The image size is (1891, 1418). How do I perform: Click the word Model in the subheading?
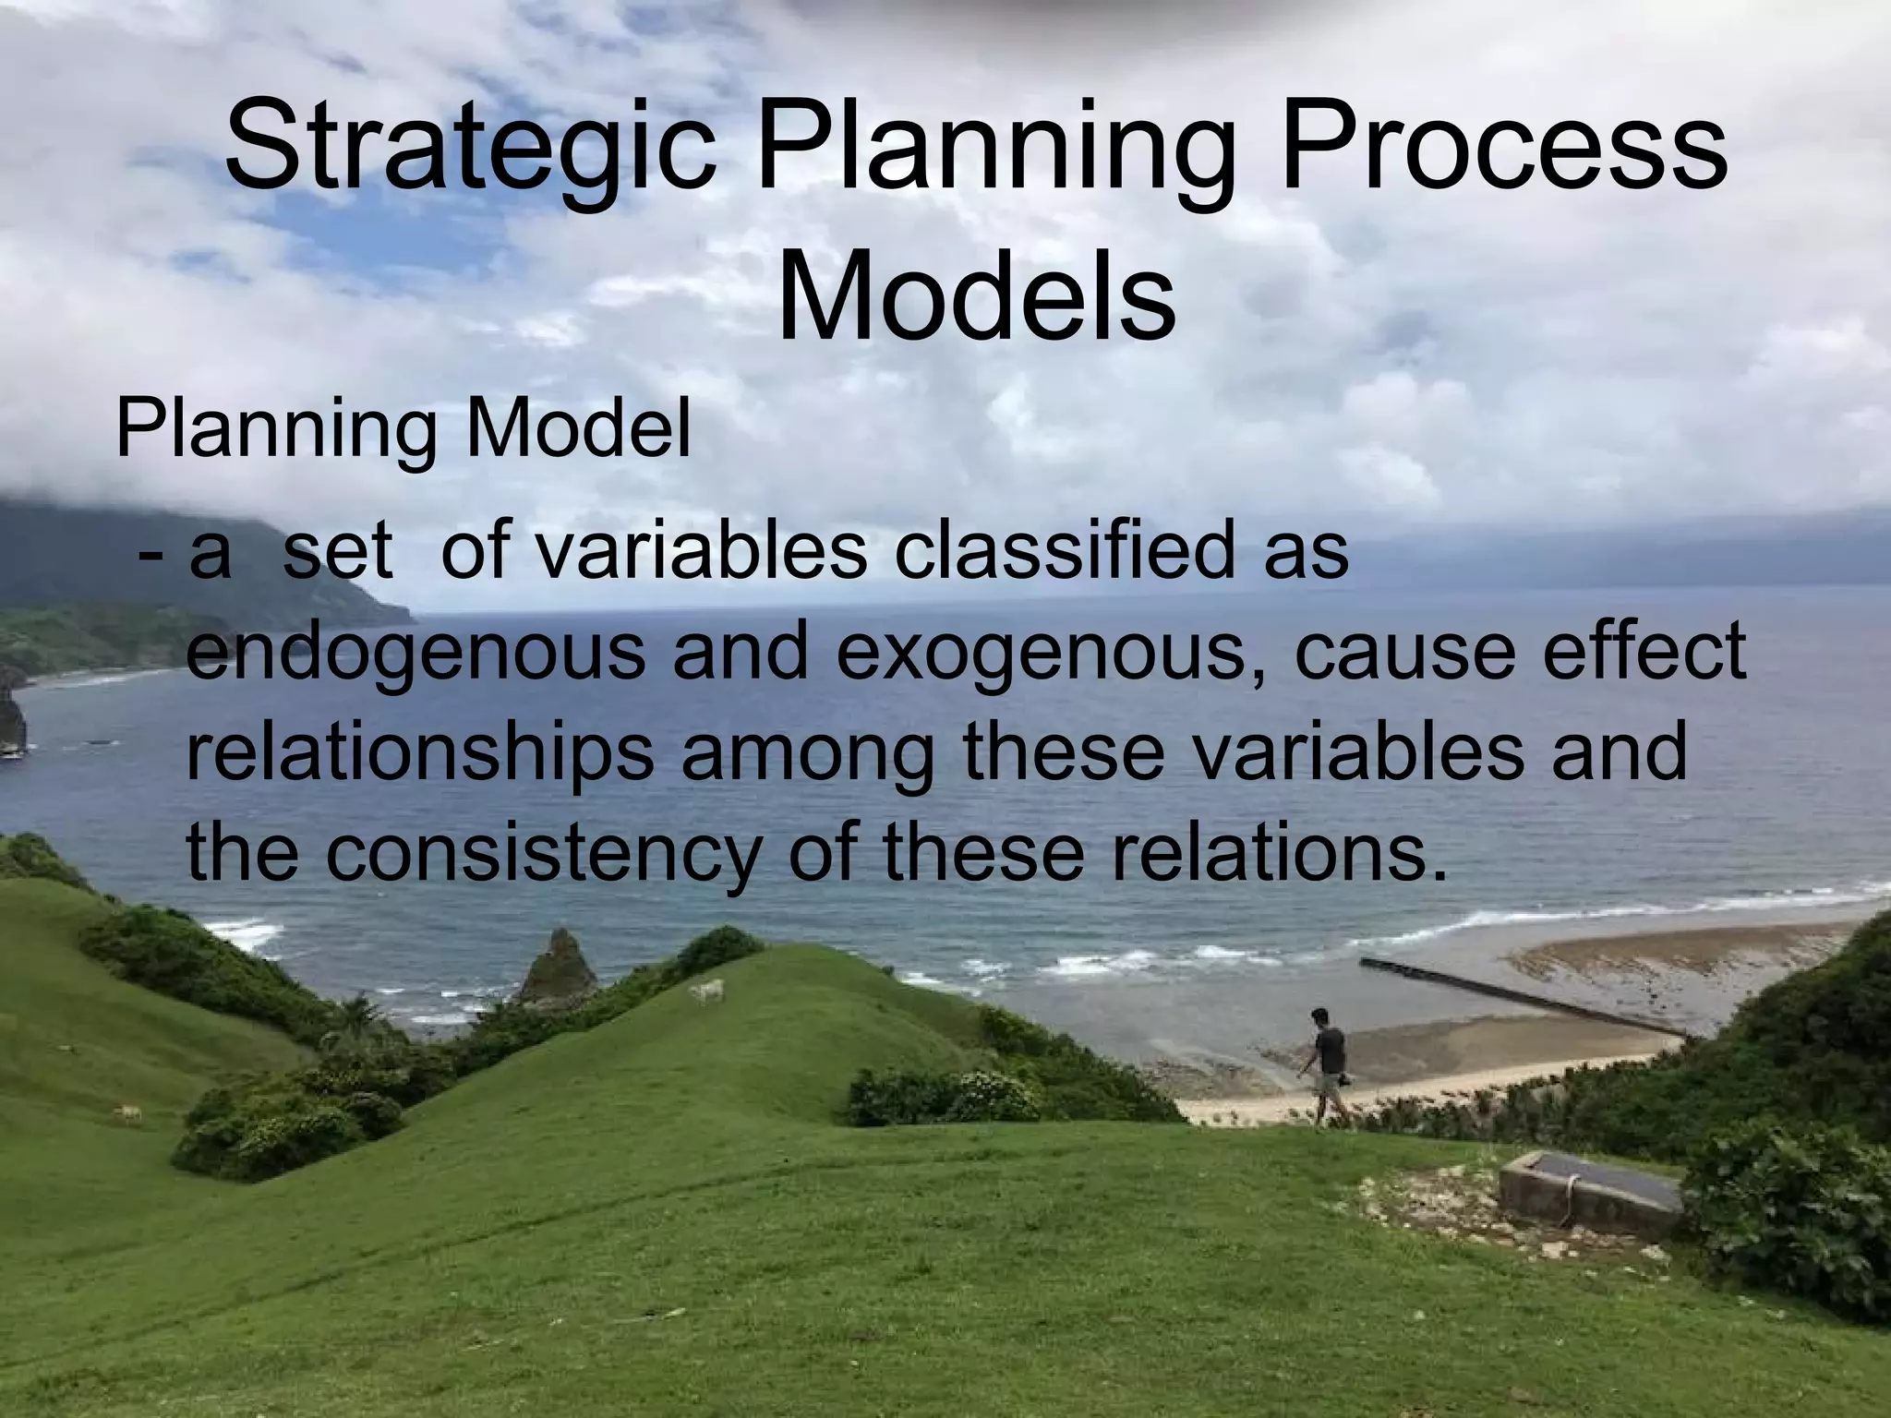578,430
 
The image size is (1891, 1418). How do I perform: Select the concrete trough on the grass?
1587,1191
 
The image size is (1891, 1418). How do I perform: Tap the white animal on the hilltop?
706,992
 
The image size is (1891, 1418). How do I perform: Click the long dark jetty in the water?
1514,995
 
